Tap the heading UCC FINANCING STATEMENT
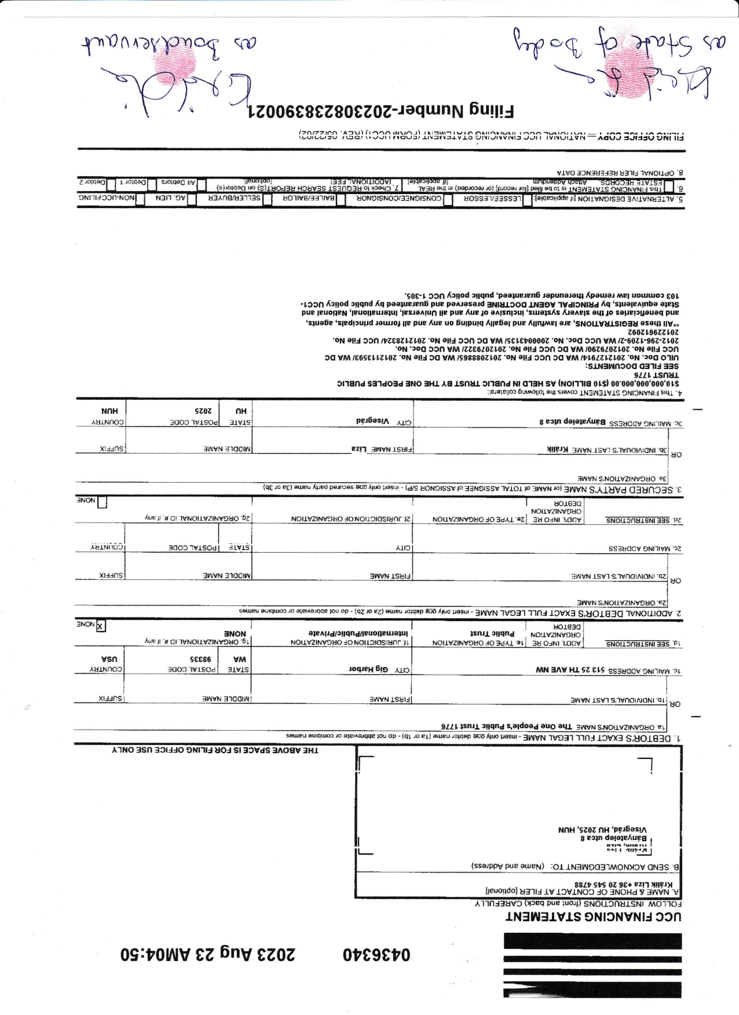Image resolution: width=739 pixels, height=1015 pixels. coord(594,932)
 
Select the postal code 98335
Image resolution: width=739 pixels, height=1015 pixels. coord(201,659)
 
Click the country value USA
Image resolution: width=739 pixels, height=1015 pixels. coord(109,659)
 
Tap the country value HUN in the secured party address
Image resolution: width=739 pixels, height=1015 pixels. coord(109,411)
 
